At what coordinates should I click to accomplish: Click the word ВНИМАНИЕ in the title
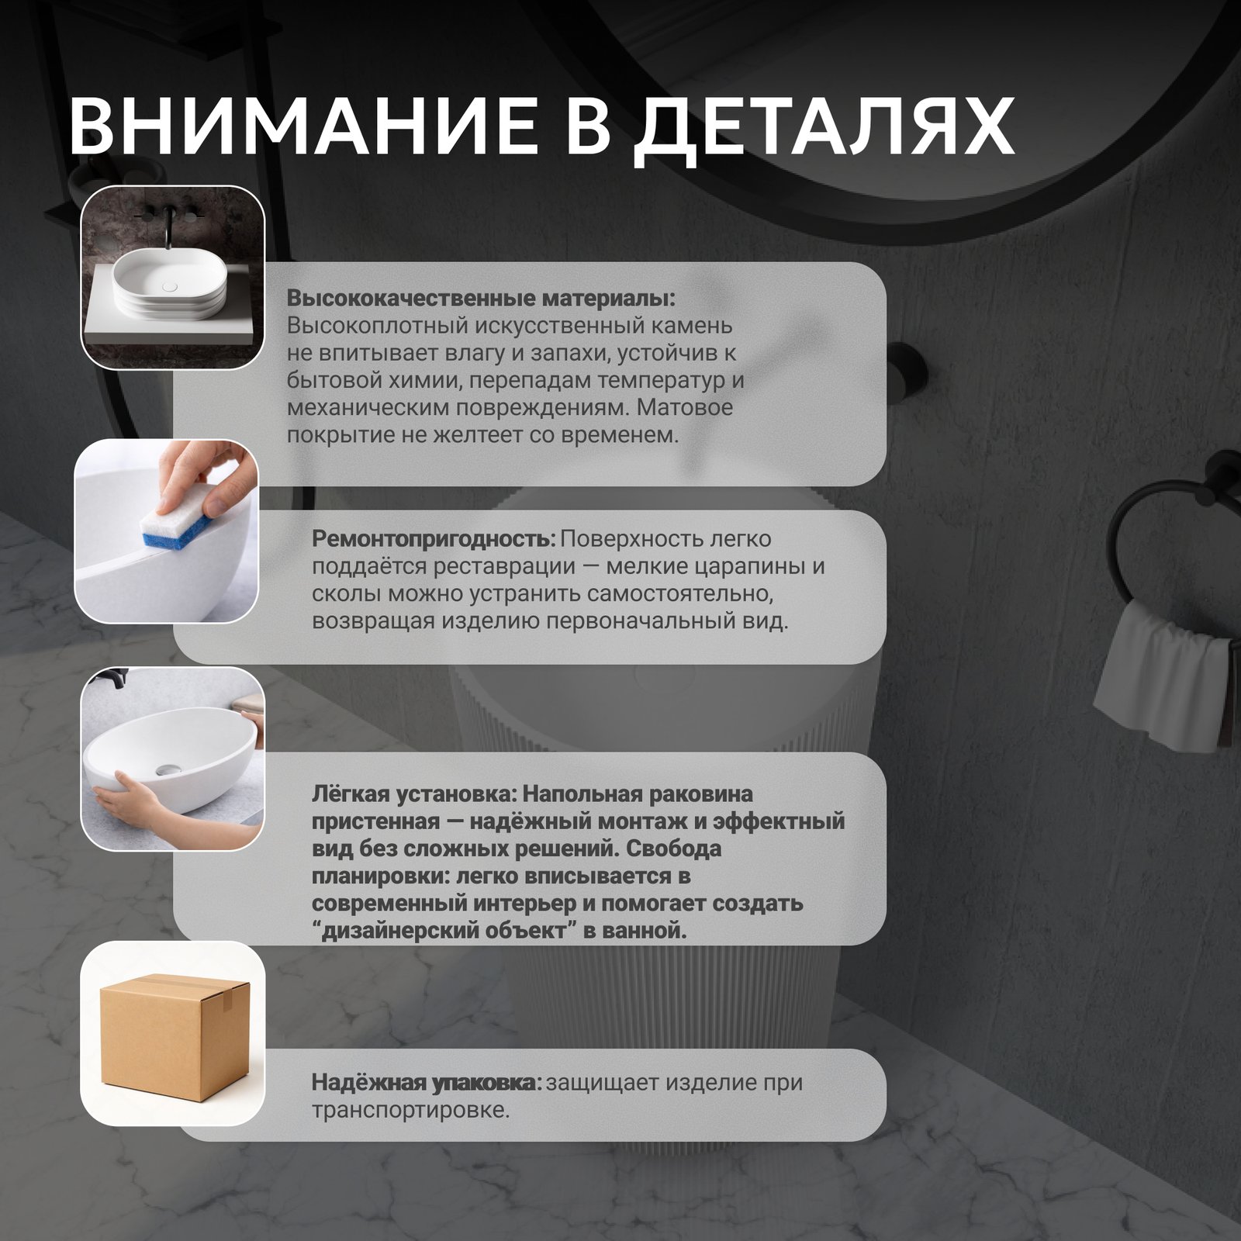(x=302, y=126)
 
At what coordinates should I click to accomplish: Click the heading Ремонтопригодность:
(x=434, y=539)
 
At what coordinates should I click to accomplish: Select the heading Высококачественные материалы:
(x=481, y=299)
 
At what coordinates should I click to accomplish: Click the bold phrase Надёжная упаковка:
(x=427, y=1082)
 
